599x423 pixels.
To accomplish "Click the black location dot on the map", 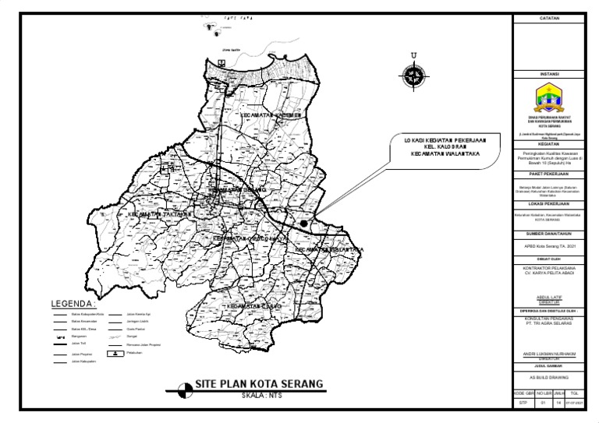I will [303, 223].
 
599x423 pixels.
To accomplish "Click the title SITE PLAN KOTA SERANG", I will [259, 385].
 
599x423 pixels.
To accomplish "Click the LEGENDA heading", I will [72, 303].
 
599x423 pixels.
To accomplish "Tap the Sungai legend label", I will [132, 336].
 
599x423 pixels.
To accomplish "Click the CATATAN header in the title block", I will [551, 18].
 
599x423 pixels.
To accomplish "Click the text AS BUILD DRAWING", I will [551, 377].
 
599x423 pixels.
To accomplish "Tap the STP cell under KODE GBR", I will [523, 404].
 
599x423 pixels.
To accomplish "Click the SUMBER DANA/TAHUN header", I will [551, 233].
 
